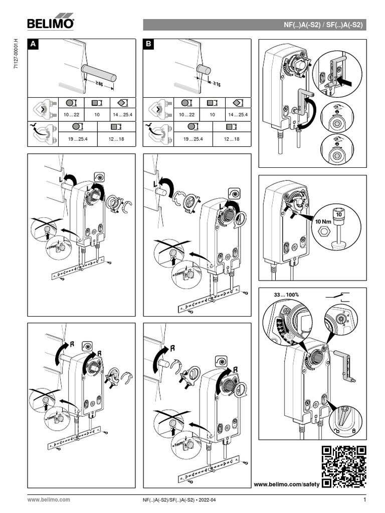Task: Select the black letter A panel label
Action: click(x=33, y=45)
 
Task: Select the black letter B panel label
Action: click(x=149, y=45)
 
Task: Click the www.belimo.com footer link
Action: click(x=48, y=500)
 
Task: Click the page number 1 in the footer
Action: click(x=365, y=499)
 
